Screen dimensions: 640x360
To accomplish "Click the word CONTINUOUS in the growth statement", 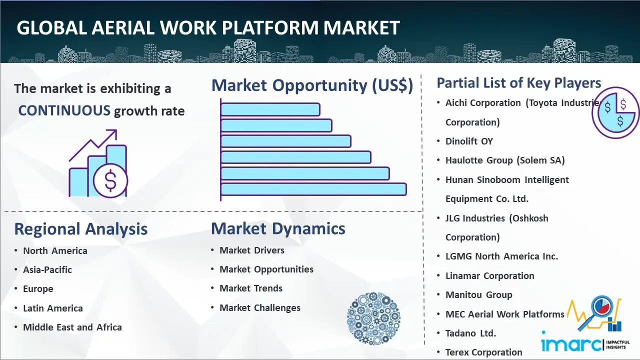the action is click(x=64, y=110).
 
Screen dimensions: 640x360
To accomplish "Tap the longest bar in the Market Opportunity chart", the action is click(x=313, y=189).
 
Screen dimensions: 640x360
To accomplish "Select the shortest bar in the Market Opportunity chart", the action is click(x=270, y=109).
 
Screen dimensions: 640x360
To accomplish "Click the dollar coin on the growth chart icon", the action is click(x=110, y=180).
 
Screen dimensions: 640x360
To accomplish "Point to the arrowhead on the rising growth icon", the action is click(x=112, y=133).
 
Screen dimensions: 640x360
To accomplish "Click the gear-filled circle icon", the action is click(x=373, y=318).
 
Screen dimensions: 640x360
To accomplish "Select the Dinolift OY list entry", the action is click(x=469, y=141).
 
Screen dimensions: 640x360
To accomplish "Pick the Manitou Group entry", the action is click(x=479, y=294).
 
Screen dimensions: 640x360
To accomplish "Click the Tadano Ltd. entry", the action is click(x=470, y=333).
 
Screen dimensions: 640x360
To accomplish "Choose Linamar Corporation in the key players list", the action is click(x=489, y=275).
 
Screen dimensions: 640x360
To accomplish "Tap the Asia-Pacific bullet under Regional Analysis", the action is click(x=47, y=269).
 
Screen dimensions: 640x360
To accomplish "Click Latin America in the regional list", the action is click(x=53, y=308).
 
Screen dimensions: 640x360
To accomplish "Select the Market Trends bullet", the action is click(x=251, y=288).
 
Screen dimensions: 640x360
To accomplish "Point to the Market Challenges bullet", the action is click(x=260, y=307).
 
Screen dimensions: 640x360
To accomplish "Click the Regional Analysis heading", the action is click(x=81, y=229).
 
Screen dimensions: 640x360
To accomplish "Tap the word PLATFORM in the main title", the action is click(x=269, y=27).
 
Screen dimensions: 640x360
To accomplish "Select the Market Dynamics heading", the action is click(x=278, y=228).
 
